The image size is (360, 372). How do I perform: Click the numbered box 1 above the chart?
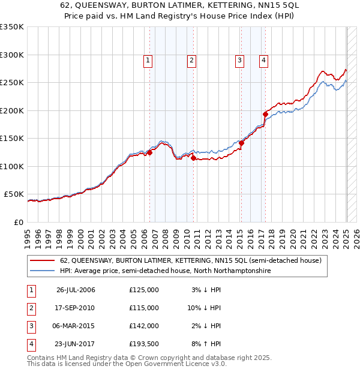[x=148, y=59]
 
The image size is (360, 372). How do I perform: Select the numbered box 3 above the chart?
[x=239, y=59]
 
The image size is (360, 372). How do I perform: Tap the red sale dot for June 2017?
[x=265, y=113]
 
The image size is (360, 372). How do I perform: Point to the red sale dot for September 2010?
[x=193, y=158]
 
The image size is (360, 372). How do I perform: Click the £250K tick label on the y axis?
[x=12, y=82]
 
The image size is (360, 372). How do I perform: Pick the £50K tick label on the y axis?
[x=14, y=194]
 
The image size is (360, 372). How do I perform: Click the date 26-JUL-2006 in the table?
[x=76, y=290]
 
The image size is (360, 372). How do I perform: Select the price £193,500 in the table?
[x=144, y=344]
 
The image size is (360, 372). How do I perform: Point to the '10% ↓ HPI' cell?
[x=203, y=308]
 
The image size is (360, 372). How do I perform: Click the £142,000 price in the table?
[x=144, y=326]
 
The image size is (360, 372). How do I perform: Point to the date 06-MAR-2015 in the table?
[x=76, y=326]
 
